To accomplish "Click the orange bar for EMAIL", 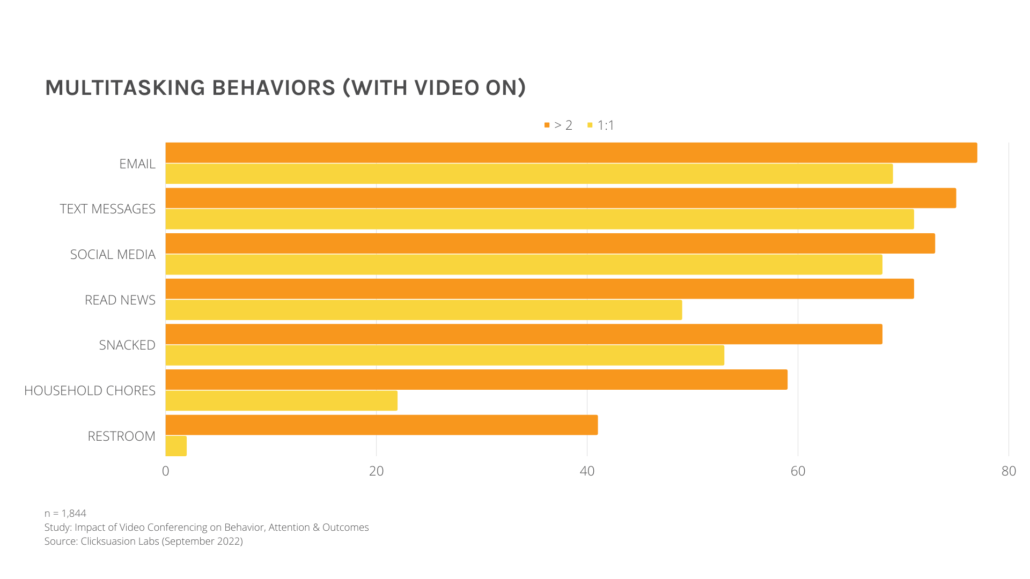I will click(x=571, y=153).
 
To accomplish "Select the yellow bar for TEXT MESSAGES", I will click(x=539, y=219).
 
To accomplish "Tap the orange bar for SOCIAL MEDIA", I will click(x=550, y=243).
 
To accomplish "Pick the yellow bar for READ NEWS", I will click(x=423, y=310).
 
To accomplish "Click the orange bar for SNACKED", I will click(x=524, y=334).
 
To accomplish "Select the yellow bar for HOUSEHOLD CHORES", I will click(x=281, y=400).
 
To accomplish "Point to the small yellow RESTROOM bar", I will click(x=176, y=446).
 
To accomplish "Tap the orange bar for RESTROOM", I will click(x=381, y=425).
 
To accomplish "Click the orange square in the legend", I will click(x=547, y=125).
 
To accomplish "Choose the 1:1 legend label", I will click(x=606, y=125).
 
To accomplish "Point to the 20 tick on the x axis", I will click(x=377, y=471).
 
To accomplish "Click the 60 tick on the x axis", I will click(x=798, y=471).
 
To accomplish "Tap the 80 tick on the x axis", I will click(x=1009, y=471).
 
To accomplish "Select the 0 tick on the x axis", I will click(x=166, y=471).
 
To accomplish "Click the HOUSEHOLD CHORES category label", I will click(x=90, y=391).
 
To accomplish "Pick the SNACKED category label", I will click(x=127, y=345).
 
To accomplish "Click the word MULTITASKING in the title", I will click(x=125, y=88).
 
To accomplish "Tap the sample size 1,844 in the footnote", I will click(x=74, y=514).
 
